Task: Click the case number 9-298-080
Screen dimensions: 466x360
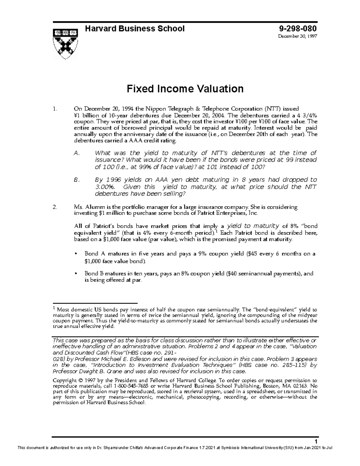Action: [x=298, y=29]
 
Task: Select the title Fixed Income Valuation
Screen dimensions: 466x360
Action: [x=185, y=89]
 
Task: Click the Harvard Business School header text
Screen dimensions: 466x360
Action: [x=135, y=29]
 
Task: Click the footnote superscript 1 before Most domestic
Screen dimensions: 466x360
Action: [x=54, y=308]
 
